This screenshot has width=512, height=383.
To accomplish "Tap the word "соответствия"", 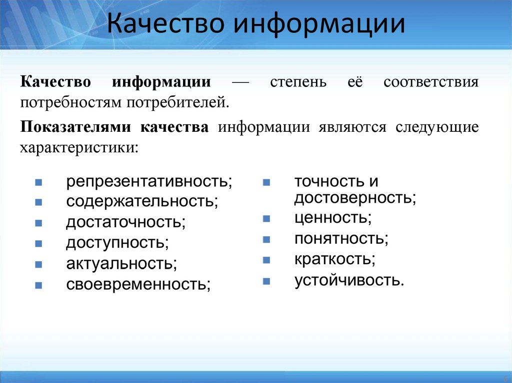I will click(431, 81).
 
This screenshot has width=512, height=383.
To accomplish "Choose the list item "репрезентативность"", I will click(148, 181).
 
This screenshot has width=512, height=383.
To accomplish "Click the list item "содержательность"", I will click(141, 202).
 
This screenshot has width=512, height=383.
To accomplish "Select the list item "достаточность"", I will click(125, 222).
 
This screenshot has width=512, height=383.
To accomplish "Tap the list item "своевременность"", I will click(138, 284).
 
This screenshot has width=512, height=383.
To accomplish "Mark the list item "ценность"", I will click(332, 218).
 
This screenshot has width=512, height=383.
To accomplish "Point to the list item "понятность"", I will click(341, 239).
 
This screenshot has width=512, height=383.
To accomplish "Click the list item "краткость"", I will click(334, 260).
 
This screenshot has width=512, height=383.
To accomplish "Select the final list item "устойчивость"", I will click(348, 281).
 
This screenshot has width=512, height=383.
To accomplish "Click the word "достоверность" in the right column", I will click(354, 198).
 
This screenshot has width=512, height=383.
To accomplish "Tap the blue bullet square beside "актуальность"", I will click(38, 264).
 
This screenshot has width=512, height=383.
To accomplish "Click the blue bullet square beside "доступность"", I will click(38, 244).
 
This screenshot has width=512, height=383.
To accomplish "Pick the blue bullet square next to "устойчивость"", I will click(266, 281).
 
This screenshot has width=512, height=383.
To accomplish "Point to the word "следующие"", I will click(437, 127).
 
